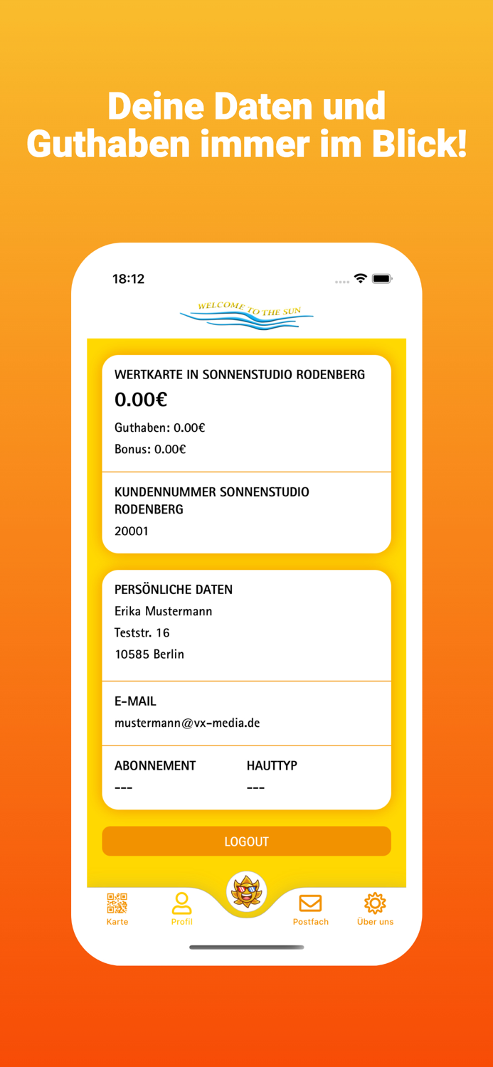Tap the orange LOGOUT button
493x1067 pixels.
(x=246, y=842)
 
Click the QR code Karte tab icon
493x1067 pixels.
(x=117, y=903)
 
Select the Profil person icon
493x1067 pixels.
(x=181, y=903)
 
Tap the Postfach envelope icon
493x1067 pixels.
(x=310, y=903)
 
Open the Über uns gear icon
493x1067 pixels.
(x=375, y=903)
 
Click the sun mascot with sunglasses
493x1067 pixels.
(x=246, y=891)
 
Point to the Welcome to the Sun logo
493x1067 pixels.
(x=246, y=315)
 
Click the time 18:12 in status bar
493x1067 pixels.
(x=129, y=279)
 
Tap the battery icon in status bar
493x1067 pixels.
(x=382, y=279)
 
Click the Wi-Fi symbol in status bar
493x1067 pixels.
(x=361, y=279)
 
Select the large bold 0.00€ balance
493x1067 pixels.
(x=141, y=400)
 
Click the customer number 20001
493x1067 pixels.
(x=132, y=531)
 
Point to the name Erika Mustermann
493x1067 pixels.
(x=164, y=611)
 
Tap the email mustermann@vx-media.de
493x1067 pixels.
(x=187, y=723)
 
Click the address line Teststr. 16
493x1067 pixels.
(x=142, y=632)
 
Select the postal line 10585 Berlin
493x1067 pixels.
(x=149, y=654)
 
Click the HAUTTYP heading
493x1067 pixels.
(x=272, y=765)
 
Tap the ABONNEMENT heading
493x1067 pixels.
(x=155, y=765)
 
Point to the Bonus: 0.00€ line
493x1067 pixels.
(x=150, y=450)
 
